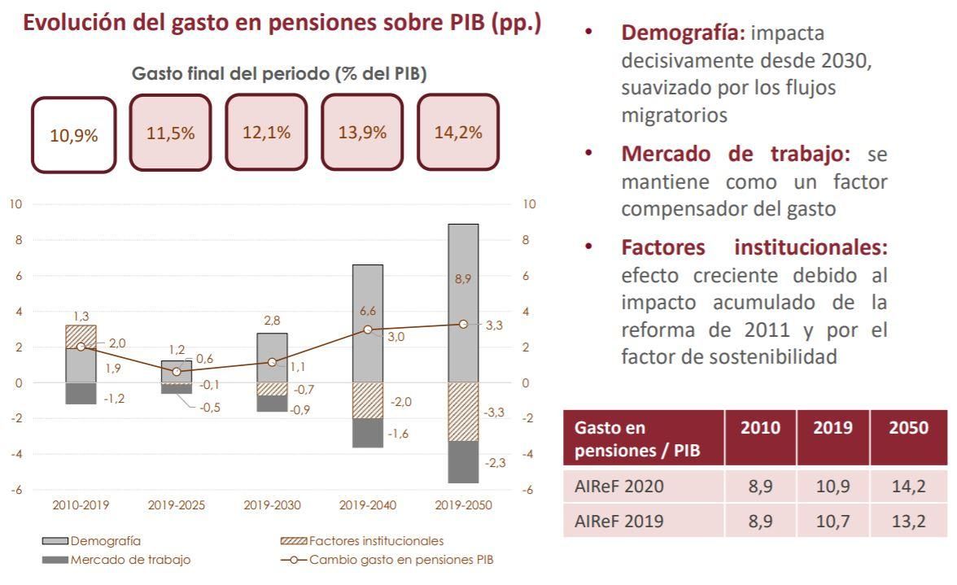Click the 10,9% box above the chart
pos(73,135)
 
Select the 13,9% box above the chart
pos(362,133)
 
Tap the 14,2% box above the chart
pos(458,133)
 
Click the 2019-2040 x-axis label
pos(368,505)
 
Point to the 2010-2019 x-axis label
pos(81,505)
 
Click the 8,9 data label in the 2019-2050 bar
pos(463,279)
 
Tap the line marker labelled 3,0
pos(368,330)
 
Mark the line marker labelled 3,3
pos(463,324)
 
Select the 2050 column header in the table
pos(908,428)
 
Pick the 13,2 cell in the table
pos(908,521)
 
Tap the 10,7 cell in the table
pos(832,521)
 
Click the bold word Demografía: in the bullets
pos(683,33)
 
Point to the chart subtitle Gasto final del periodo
pos(279,73)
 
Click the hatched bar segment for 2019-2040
pos(368,400)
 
